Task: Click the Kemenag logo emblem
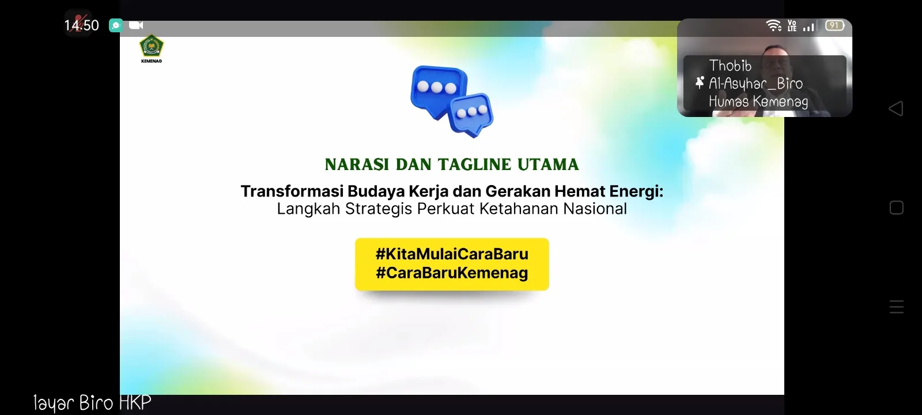pyautogui.click(x=152, y=46)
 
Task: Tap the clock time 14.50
pyautogui.click(x=81, y=25)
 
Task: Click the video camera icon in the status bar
pyautogui.click(x=136, y=25)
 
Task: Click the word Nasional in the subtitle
pyautogui.click(x=595, y=209)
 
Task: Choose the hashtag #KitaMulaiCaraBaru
pyautogui.click(x=452, y=254)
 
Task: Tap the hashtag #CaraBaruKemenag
pyautogui.click(x=452, y=273)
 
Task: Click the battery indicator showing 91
pyautogui.click(x=835, y=25)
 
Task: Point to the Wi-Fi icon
pyautogui.click(x=774, y=25)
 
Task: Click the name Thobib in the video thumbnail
pyautogui.click(x=730, y=66)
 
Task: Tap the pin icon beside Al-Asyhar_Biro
pyautogui.click(x=700, y=82)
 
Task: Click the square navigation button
pyautogui.click(x=897, y=208)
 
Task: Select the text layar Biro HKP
pyautogui.click(x=92, y=403)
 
